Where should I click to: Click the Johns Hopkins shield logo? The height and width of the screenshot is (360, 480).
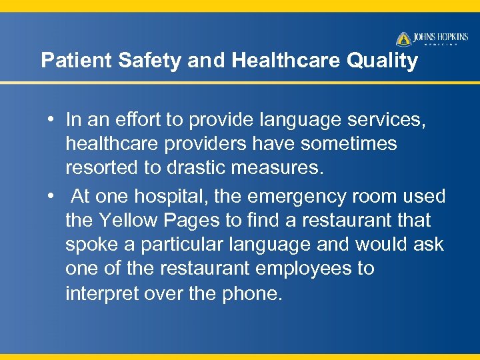click(x=404, y=39)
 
